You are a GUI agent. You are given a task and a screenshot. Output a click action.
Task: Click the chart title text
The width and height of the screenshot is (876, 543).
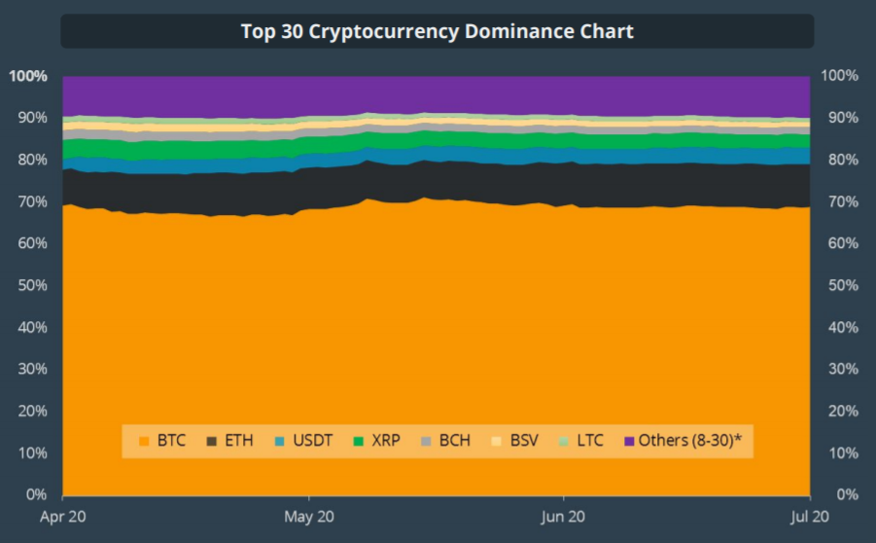click(x=438, y=31)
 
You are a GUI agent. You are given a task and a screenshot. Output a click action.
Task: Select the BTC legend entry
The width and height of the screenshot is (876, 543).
click(x=162, y=441)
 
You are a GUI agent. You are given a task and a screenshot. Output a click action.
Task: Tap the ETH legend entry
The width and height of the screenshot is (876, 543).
click(x=229, y=441)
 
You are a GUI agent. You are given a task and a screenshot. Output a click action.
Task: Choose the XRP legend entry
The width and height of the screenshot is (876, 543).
click(x=380, y=441)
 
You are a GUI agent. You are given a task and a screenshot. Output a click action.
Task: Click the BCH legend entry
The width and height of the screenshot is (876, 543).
click(x=446, y=441)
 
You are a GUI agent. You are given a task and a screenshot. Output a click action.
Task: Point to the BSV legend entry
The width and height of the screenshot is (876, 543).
click(x=514, y=441)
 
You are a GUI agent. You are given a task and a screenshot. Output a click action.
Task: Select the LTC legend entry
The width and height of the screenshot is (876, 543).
click(x=581, y=441)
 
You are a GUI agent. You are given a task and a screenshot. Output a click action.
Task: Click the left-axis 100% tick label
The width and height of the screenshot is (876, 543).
click(x=28, y=76)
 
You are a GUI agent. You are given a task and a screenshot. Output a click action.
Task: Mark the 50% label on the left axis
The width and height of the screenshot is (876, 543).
click(x=32, y=285)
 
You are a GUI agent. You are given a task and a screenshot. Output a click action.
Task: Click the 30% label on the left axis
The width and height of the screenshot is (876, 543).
click(x=32, y=369)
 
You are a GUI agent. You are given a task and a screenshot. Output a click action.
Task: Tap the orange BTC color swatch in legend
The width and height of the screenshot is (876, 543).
click(x=145, y=442)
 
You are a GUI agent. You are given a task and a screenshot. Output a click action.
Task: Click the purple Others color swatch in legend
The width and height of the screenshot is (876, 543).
click(x=629, y=442)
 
